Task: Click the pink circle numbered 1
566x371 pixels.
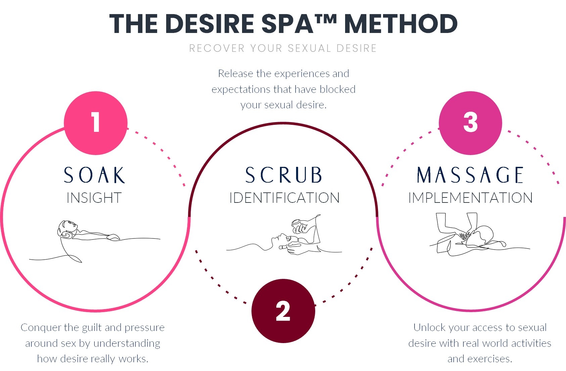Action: click(96, 123)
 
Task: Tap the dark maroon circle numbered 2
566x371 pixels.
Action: click(283, 311)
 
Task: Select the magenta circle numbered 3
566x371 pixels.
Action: click(470, 123)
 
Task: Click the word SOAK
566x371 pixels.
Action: click(94, 175)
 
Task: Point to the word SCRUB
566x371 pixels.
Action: click(284, 175)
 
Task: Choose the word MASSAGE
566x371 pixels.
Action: click(470, 175)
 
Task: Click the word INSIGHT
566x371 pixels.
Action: click(94, 198)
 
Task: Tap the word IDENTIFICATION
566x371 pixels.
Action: click(284, 198)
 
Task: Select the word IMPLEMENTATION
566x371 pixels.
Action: click(470, 198)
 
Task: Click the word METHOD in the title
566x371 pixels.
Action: click(401, 24)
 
